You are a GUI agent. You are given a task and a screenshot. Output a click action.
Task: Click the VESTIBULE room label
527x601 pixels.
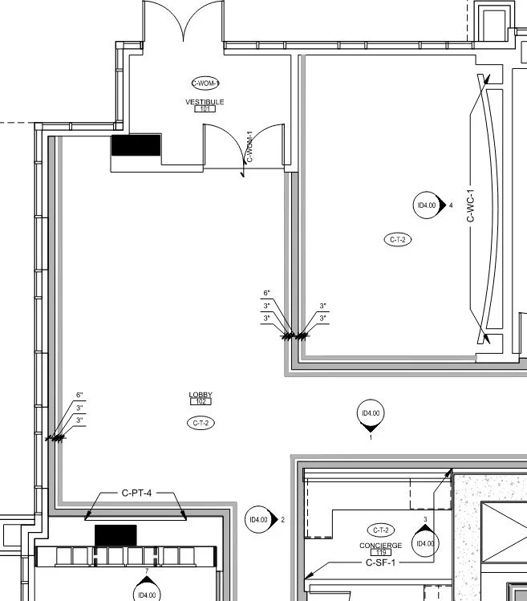[x=205, y=102]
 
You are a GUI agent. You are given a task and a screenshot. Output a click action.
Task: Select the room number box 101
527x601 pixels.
[x=204, y=109]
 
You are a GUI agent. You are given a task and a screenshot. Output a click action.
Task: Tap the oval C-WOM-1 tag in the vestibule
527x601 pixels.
[x=205, y=83]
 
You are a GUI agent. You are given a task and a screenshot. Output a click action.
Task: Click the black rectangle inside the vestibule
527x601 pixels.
[x=136, y=145]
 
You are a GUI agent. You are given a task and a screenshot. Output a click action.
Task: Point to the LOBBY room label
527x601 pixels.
[x=201, y=394]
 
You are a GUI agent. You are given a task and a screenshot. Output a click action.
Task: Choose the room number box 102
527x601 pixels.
[x=201, y=401]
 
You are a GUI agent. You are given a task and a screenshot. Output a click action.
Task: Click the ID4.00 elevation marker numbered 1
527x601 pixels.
[x=371, y=414]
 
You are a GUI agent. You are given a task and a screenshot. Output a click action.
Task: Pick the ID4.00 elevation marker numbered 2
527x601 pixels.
[x=259, y=520]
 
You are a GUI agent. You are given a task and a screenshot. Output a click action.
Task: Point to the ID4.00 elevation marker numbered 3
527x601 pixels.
[x=425, y=542]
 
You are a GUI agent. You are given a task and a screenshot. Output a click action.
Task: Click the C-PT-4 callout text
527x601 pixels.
[x=136, y=493]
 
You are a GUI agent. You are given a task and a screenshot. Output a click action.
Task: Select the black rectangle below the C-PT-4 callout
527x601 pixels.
[x=116, y=534]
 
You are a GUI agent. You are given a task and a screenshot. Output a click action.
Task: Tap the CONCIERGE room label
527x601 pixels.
[x=380, y=546]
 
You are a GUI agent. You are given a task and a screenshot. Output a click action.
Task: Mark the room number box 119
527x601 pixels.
[x=380, y=553]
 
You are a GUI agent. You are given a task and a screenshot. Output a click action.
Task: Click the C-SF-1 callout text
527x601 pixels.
[x=381, y=563]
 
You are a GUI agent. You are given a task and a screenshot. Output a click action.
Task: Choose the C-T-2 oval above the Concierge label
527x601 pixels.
[x=380, y=530]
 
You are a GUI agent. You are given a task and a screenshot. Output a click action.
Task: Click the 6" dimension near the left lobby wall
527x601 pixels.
[x=79, y=395]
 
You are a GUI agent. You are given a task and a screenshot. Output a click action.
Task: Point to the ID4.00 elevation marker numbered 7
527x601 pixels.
[x=147, y=592]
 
